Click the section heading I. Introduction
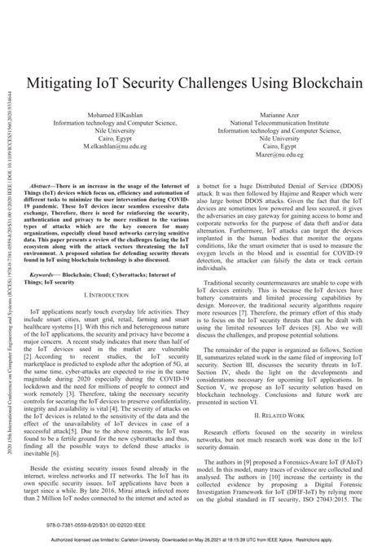(105, 271)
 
